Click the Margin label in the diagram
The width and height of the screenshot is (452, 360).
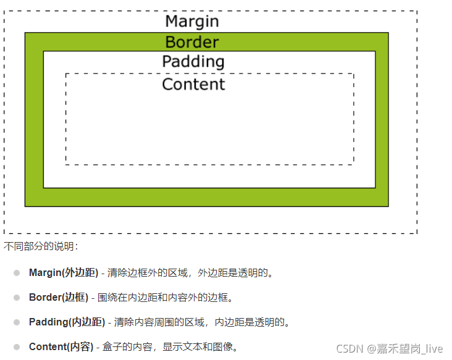pos(192,21)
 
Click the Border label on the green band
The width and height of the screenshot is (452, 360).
pos(192,42)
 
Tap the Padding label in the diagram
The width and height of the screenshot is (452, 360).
pos(193,62)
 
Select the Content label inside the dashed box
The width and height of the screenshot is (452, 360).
pos(193,84)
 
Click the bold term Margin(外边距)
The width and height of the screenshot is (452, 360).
pos(64,272)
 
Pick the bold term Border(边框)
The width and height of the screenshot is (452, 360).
pos(59,297)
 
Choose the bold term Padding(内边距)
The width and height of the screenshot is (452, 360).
pos(67,322)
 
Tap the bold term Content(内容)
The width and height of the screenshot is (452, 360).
pos(61,346)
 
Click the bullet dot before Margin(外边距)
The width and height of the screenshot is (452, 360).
pos(17,272)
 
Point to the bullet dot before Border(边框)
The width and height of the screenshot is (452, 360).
pos(17,297)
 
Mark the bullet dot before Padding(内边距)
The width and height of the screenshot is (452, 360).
pos(17,322)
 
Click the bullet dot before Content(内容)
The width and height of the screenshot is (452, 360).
pos(17,346)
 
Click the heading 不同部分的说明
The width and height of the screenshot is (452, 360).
pos(41,246)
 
